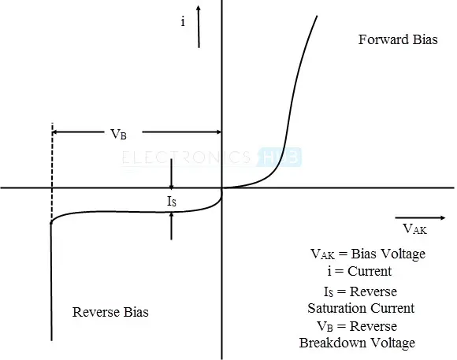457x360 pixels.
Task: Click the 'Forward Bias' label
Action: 398,39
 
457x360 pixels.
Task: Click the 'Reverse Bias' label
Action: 110,312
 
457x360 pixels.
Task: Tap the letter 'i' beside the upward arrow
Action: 183,21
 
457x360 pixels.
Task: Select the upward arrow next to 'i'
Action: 199,27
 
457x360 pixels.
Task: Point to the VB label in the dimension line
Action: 119,134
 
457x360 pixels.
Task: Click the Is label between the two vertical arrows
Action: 172,201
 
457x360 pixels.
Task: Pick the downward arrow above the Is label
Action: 172,174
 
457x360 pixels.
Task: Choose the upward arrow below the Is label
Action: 172,226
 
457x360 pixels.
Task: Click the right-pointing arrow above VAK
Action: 420,217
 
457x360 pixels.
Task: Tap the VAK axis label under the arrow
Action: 415,228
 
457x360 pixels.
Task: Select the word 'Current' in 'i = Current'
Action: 370,271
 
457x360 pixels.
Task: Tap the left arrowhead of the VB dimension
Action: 54,132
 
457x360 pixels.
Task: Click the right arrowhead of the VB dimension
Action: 219,132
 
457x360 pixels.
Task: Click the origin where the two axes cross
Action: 221,188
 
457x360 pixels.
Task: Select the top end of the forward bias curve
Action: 317,16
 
